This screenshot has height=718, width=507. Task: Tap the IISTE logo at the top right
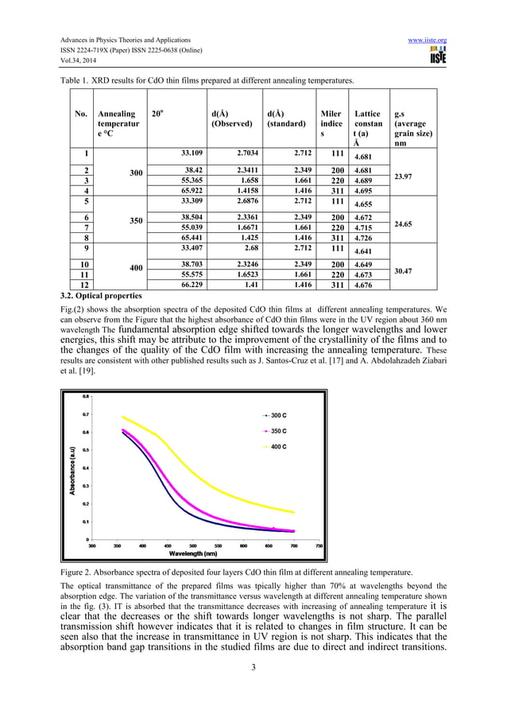(x=436, y=56)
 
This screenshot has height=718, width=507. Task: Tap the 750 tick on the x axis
(x=319, y=545)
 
